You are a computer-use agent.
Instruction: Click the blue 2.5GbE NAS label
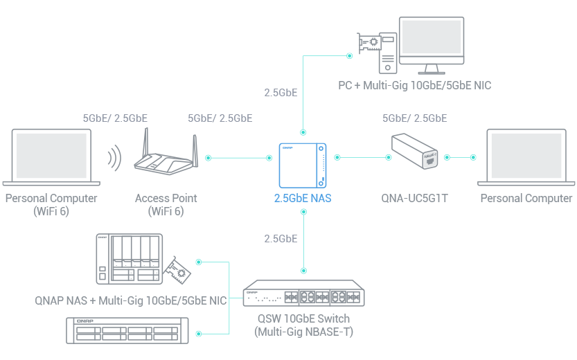tap(303, 199)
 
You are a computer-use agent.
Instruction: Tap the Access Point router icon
tap(166, 156)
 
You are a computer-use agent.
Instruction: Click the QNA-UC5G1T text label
tap(415, 199)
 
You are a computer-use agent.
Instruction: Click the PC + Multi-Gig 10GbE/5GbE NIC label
tap(414, 86)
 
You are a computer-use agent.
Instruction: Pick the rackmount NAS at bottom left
tap(126, 332)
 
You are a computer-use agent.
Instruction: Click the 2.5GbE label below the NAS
tap(281, 239)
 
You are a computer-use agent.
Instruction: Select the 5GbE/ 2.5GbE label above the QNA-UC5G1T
tap(414, 118)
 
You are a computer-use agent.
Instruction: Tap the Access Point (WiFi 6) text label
tap(166, 204)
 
